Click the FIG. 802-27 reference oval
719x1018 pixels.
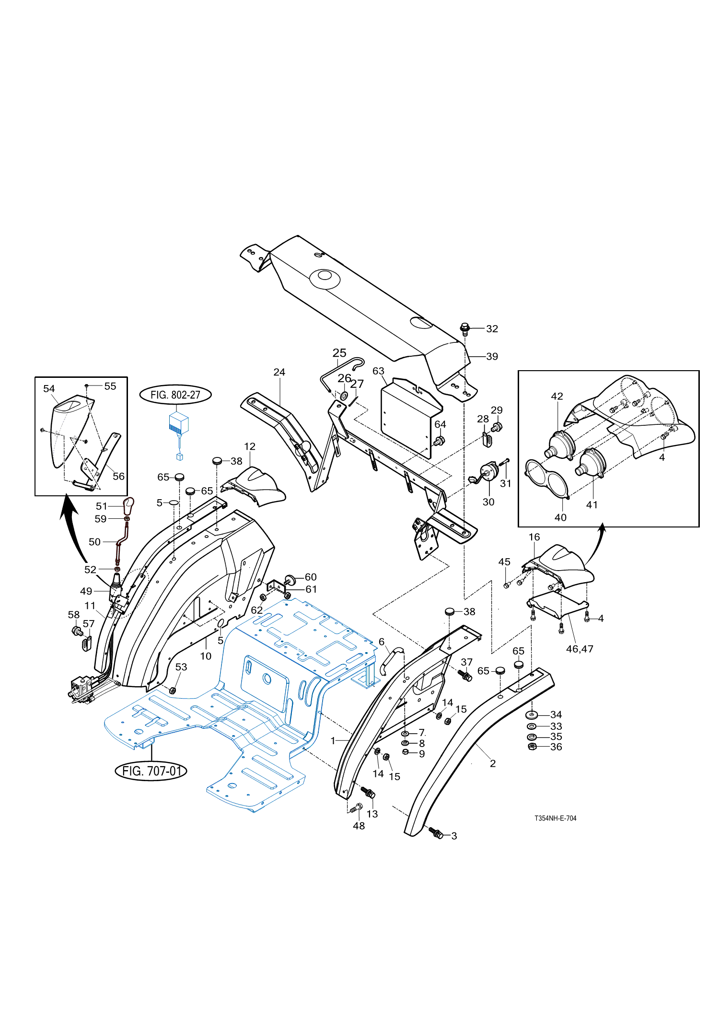[175, 395]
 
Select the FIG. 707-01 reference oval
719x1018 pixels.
[151, 771]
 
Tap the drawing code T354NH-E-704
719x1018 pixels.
[556, 818]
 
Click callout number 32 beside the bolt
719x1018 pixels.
[492, 328]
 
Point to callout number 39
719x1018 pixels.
[492, 356]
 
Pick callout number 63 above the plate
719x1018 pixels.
[379, 371]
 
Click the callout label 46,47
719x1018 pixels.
[580, 649]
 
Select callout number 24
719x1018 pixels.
[279, 372]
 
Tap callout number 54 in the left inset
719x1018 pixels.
[49, 388]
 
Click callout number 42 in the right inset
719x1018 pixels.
[557, 396]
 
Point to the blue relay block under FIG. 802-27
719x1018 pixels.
[179, 424]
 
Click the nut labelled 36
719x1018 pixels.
[532, 747]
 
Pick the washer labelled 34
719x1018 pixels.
[532, 714]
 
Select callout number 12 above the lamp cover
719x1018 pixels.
[250, 446]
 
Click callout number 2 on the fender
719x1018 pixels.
[493, 763]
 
